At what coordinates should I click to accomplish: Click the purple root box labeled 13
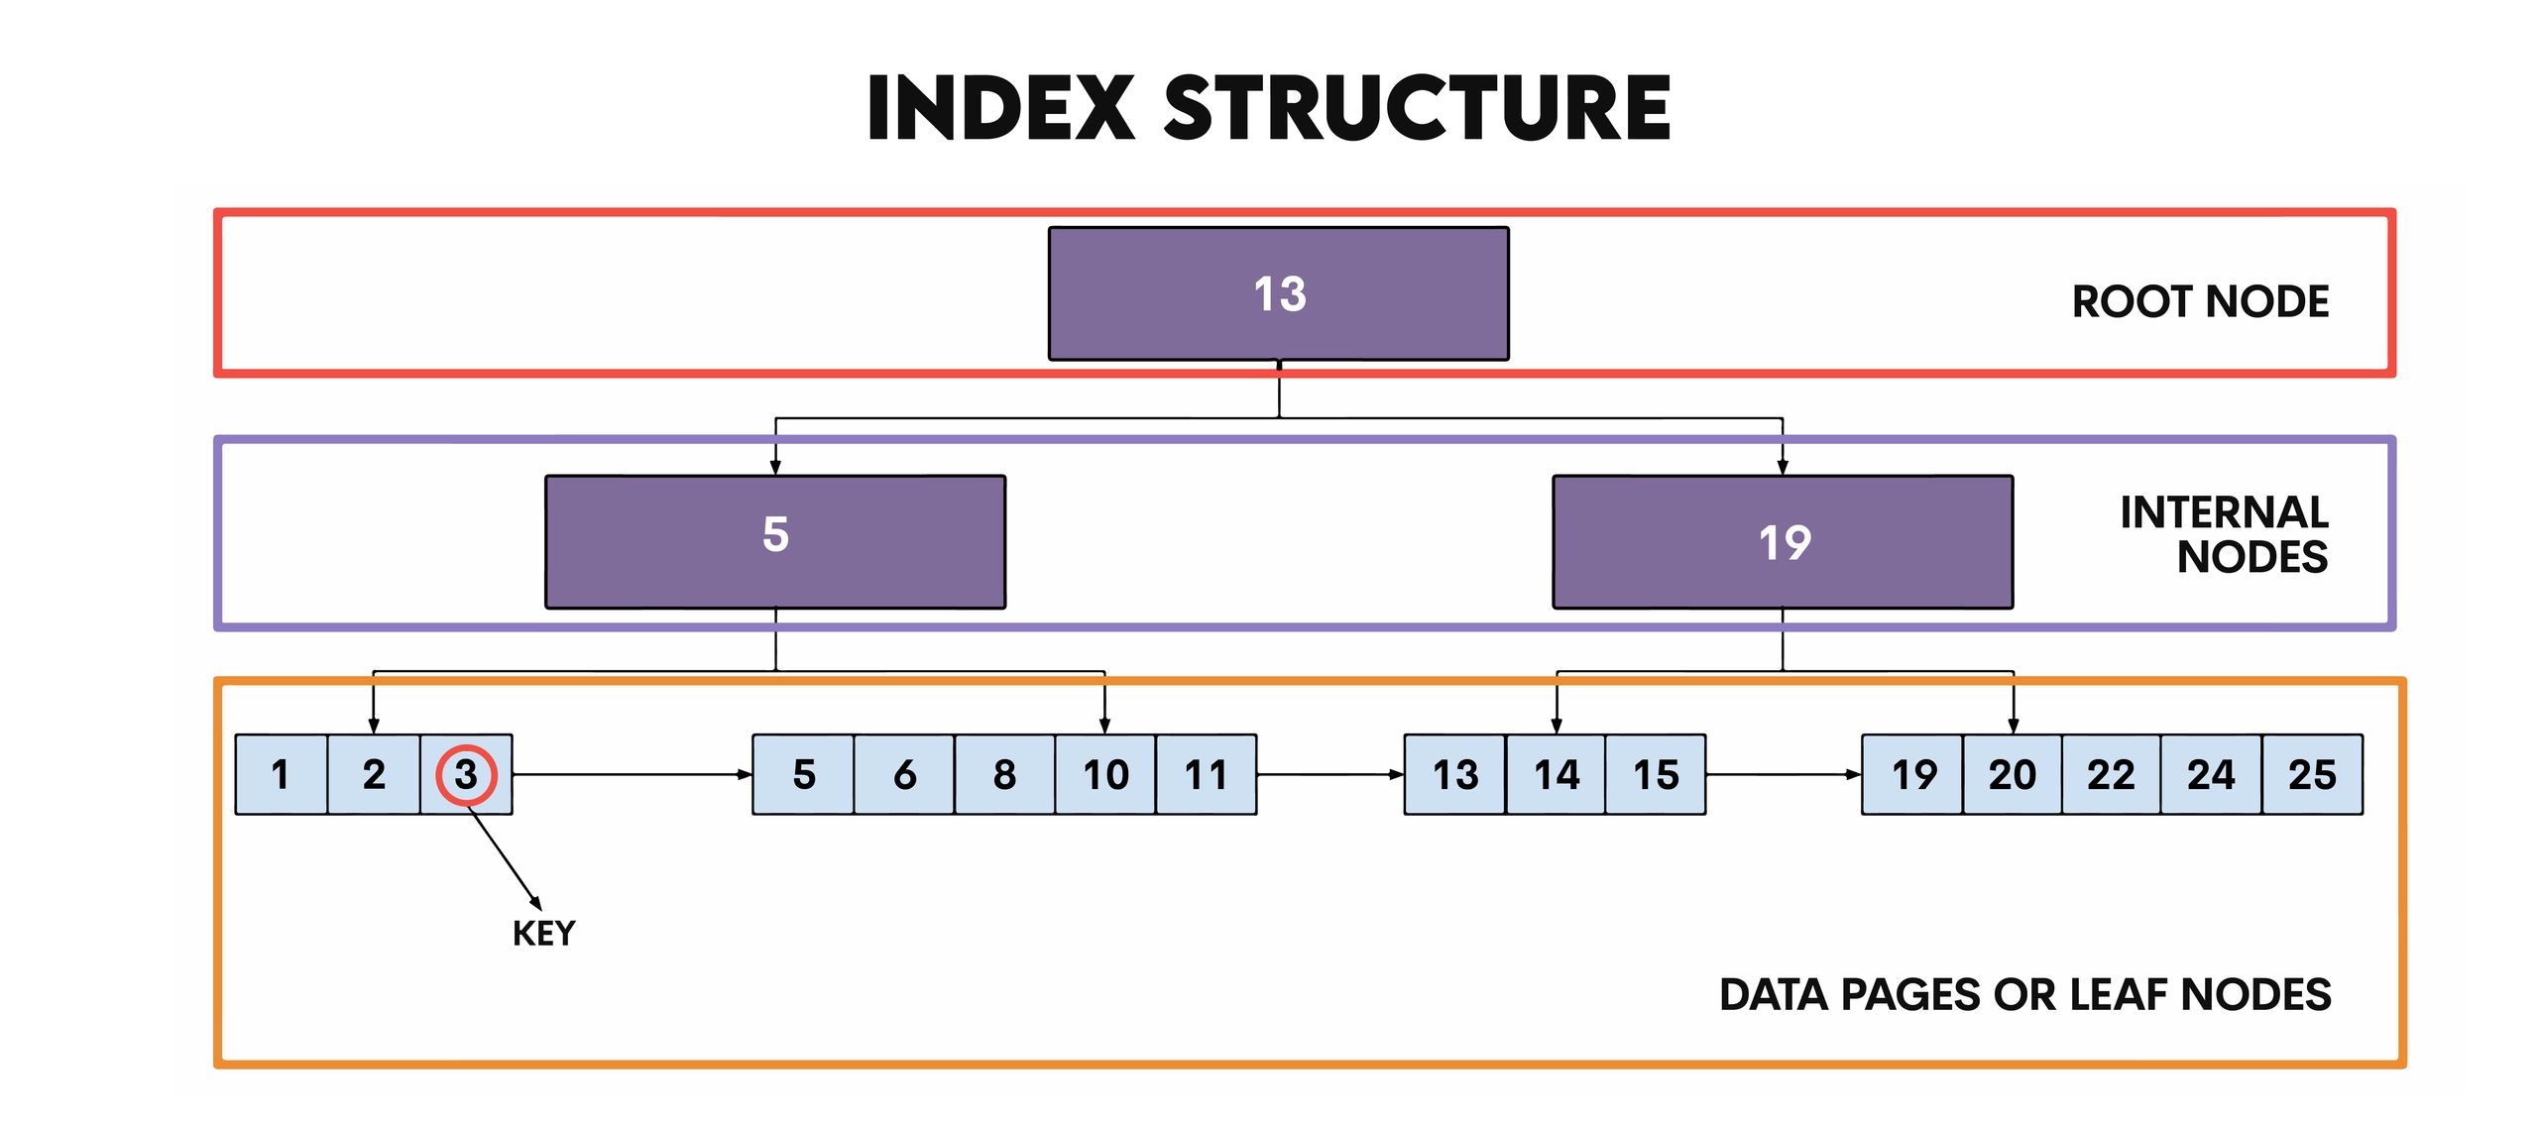coord(1278,293)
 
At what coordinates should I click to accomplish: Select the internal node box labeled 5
coord(774,541)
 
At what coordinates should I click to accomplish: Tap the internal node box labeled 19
coord(1782,541)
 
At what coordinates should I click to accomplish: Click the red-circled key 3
coord(466,774)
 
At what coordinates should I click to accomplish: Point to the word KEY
coord(543,934)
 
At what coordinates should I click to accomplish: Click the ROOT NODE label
coord(2199,301)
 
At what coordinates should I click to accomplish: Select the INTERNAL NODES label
coord(2223,534)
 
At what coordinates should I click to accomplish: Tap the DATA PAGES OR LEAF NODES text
coord(2023,994)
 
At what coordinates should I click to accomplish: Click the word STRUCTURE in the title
coord(1417,108)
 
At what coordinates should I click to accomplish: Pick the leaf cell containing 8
coord(1003,774)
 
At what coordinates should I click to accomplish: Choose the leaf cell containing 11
coord(1206,774)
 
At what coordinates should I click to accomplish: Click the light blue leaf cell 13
coord(1454,774)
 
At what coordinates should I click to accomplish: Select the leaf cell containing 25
coord(2311,774)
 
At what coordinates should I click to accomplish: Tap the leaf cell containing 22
coord(2110,774)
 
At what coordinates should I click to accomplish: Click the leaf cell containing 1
coord(281,774)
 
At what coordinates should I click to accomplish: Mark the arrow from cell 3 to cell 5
coord(632,774)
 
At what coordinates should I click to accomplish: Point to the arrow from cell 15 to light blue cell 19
coord(1782,774)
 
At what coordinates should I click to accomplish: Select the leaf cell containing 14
coord(1556,774)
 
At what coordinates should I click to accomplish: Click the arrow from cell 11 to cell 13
coord(1328,774)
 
